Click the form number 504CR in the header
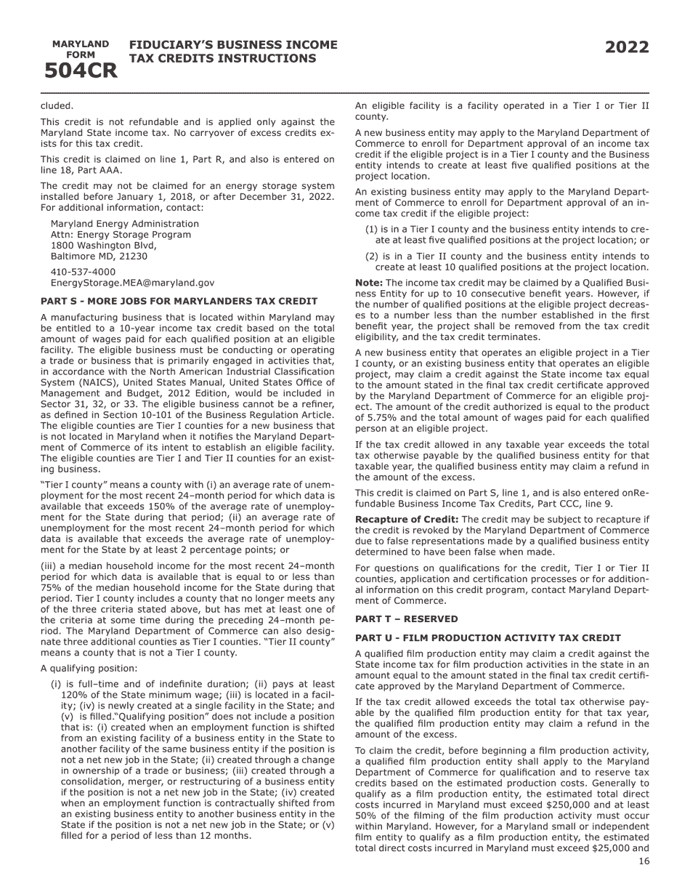click(81, 71)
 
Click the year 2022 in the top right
click(627, 48)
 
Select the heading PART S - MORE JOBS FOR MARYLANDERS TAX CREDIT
click(179, 301)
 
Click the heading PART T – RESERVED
click(406, 619)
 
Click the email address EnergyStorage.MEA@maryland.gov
click(132, 282)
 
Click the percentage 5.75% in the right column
click(383, 438)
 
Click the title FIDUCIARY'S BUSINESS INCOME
click(233, 45)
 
